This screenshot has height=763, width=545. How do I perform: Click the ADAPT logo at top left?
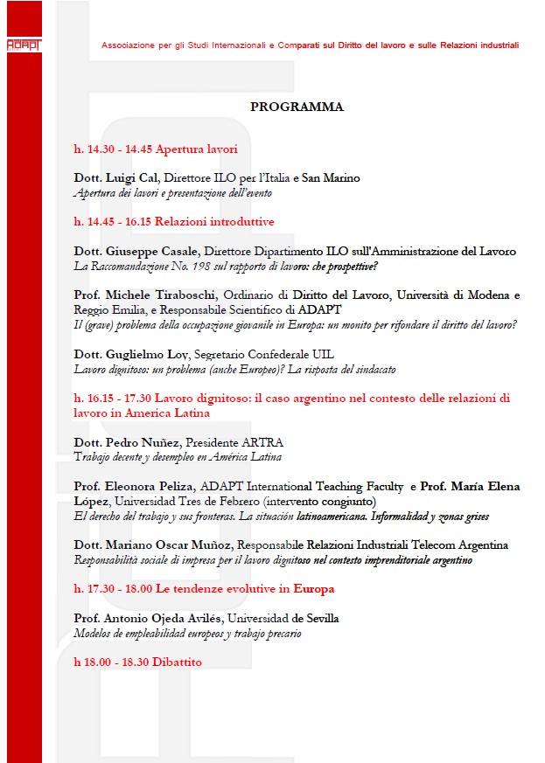(23, 44)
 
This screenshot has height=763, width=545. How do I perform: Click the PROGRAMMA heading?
(297, 107)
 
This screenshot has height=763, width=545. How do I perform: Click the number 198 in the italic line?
(207, 266)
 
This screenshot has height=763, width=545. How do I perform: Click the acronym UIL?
(322, 354)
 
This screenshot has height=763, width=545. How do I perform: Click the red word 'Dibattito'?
(177, 662)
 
